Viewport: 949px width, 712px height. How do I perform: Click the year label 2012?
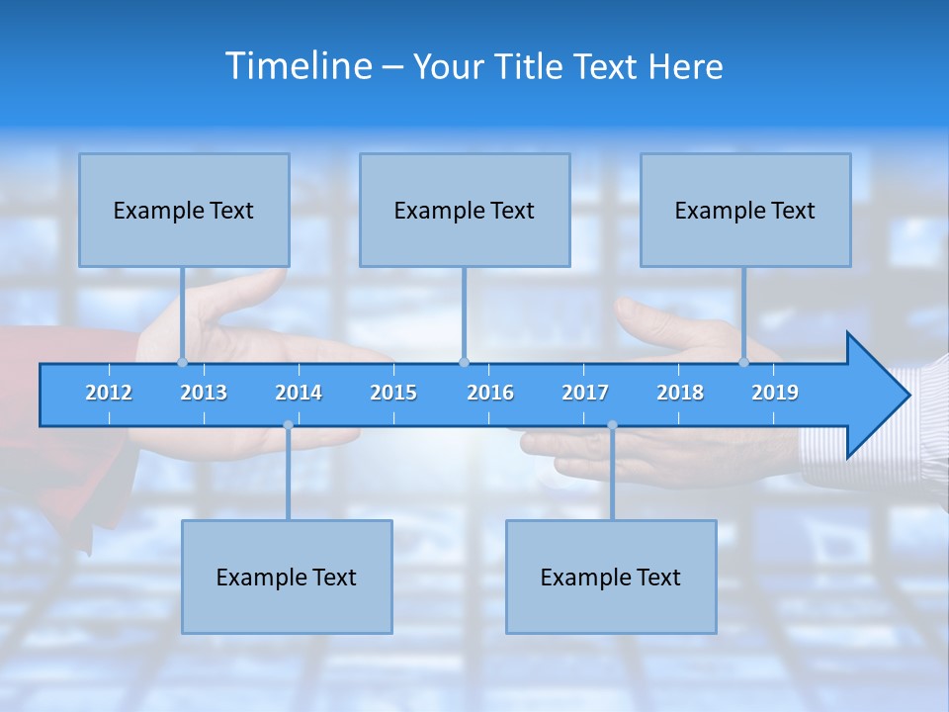[x=109, y=393]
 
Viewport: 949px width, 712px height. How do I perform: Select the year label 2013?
[x=204, y=393]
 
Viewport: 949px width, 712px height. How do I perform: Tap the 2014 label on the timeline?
[x=299, y=393]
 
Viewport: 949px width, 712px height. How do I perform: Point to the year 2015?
[x=393, y=393]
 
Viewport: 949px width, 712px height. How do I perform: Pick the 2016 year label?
[x=490, y=393]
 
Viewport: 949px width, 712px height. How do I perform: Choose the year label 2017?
[x=585, y=393]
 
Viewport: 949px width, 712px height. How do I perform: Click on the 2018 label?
[x=680, y=393]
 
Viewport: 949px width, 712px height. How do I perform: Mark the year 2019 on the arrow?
[x=775, y=393]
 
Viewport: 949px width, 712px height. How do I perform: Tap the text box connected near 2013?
[x=184, y=210]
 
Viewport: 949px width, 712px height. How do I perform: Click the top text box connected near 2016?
[x=465, y=210]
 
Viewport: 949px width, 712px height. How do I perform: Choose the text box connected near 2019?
[x=745, y=210]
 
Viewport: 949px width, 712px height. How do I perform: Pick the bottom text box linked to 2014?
[x=287, y=577]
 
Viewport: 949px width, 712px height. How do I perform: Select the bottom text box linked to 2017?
[x=611, y=577]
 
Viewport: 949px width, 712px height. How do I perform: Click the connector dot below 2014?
[x=288, y=425]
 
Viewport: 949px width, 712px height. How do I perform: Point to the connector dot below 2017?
[x=612, y=425]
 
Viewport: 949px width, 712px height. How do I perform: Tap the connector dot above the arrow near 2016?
[x=464, y=362]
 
